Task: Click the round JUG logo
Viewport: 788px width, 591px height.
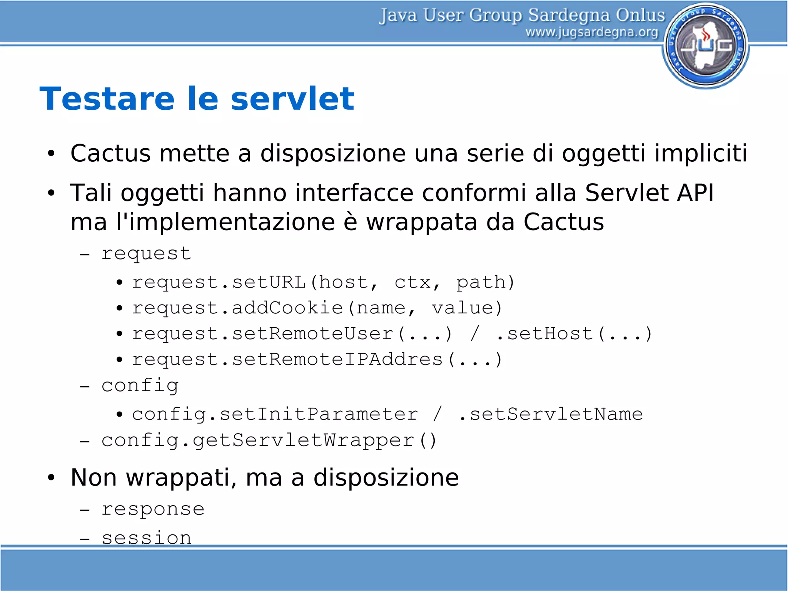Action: tap(706, 45)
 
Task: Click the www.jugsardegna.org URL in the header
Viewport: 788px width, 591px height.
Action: tap(591, 32)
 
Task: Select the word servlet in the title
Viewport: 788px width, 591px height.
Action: tap(292, 99)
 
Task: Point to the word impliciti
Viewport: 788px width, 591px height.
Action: tap(701, 153)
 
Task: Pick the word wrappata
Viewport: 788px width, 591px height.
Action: tap(421, 222)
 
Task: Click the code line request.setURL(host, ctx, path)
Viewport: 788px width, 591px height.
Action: tap(323, 282)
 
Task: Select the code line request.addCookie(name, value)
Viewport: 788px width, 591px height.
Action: tap(317, 308)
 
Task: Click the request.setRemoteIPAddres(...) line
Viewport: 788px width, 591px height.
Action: tap(317, 360)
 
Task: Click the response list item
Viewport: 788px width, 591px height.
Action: tap(153, 509)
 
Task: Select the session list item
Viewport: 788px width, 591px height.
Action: tap(146, 537)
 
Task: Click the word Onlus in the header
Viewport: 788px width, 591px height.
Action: tap(640, 15)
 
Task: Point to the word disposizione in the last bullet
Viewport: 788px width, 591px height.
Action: tap(386, 478)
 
